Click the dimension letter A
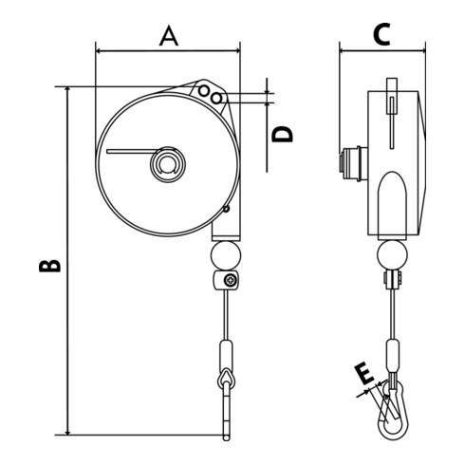point(169,36)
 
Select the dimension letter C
point(381,34)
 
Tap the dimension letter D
point(283,134)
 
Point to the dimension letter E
point(364,374)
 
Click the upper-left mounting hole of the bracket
point(204,91)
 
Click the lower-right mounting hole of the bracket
point(216,99)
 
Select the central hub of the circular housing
point(168,164)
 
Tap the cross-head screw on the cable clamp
point(230,280)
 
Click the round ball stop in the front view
point(226,255)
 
